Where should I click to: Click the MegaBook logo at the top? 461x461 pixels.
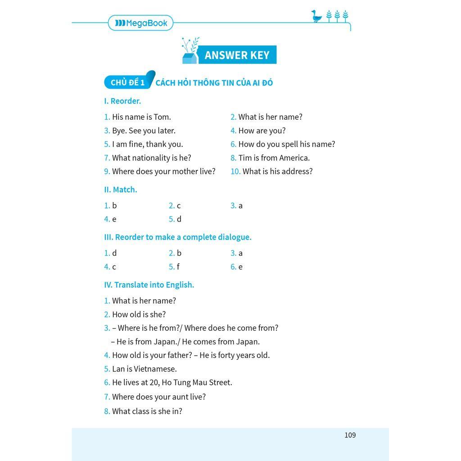(x=141, y=23)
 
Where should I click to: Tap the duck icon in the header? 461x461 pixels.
(x=317, y=16)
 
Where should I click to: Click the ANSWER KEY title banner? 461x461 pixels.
(x=237, y=55)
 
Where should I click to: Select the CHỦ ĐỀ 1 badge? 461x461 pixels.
(x=127, y=82)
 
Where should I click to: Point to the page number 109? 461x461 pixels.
(x=350, y=435)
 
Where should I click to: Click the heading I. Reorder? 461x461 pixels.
(x=122, y=101)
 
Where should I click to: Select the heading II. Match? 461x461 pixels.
(x=121, y=190)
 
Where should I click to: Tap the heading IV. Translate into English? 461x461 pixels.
(x=149, y=285)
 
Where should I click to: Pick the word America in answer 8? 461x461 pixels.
(x=294, y=158)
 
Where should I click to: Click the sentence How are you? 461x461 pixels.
(x=262, y=131)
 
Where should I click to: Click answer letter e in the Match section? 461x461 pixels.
(x=114, y=219)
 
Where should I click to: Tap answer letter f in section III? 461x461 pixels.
(x=178, y=267)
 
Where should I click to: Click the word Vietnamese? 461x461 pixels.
(x=155, y=369)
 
